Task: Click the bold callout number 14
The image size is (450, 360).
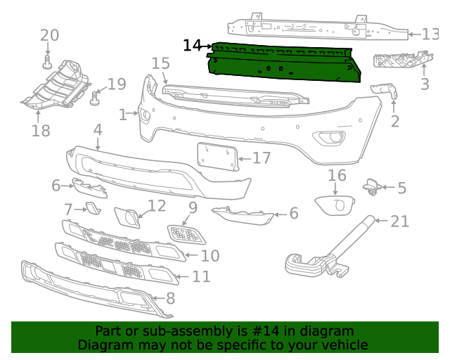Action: point(191,46)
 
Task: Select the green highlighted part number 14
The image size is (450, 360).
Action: point(285,62)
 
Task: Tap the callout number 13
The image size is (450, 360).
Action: point(430,34)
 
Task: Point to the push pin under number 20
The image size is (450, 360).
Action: point(48,64)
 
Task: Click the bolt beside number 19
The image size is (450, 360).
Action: point(96,97)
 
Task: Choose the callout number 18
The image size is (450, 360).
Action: point(41,130)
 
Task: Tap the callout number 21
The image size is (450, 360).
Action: point(399,221)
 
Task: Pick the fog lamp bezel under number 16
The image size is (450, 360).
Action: point(337,205)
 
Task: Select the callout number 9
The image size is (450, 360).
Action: point(192,208)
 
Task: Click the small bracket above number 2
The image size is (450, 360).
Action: point(385,89)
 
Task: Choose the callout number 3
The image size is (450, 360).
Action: point(425,85)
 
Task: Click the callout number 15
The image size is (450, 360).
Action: point(160,64)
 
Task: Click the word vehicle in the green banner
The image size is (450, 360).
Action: point(342,345)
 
